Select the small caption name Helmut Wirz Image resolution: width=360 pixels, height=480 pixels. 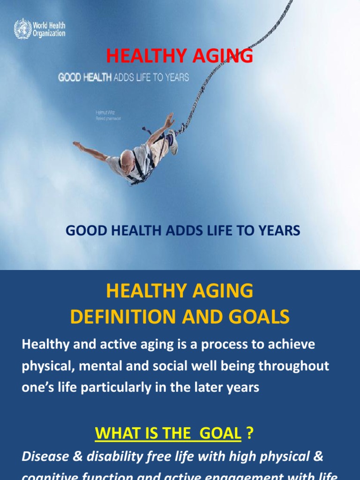coord(105,113)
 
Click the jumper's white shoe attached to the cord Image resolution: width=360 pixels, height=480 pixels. coord(172,142)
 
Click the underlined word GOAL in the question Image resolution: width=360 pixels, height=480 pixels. coord(220,434)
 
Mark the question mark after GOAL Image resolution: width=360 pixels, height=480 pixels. coord(250,434)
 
